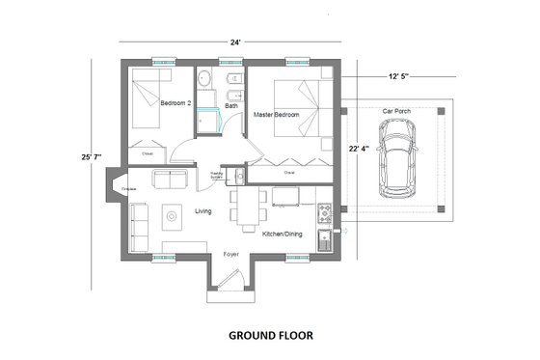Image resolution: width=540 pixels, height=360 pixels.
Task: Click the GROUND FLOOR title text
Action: [x=269, y=337]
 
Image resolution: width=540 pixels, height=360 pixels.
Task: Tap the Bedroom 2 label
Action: [x=175, y=102]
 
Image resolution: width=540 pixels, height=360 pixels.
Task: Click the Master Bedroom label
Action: [x=276, y=115]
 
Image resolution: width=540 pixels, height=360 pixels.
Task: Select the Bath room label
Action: [x=231, y=105]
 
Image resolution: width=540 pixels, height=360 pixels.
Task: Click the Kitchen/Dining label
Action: [x=285, y=234]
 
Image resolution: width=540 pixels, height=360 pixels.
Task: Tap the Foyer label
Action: [x=231, y=255]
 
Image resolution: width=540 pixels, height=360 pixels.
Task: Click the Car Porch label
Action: [x=397, y=111]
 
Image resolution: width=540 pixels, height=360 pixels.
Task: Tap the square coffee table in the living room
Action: [x=172, y=217]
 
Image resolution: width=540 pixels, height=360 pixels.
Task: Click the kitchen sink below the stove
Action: [x=327, y=236]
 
